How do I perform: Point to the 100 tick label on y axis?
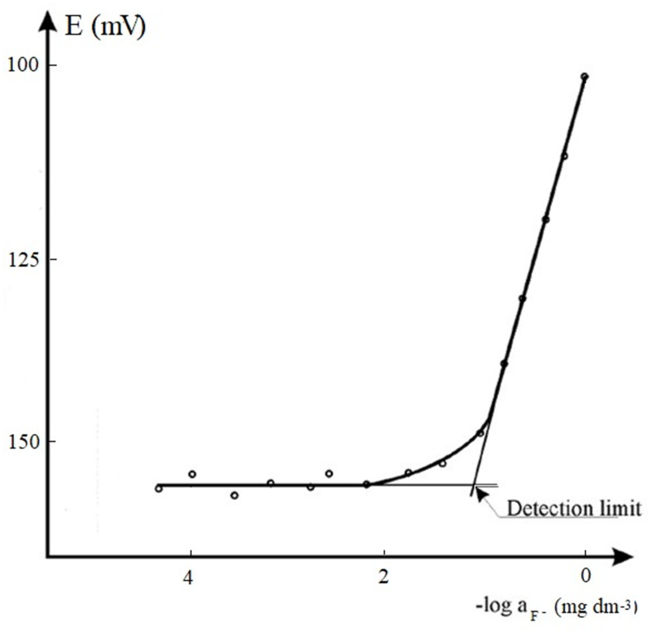point(22,66)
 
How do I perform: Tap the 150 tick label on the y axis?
point(22,442)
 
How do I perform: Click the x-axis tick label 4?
point(188,577)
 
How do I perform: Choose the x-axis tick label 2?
point(383,577)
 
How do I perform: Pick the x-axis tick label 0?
point(585,576)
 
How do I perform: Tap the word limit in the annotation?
point(620,508)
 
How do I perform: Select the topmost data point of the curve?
point(584,77)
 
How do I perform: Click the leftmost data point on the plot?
point(159,489)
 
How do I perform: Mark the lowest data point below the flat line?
point(234,495)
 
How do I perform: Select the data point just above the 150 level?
point(480,433)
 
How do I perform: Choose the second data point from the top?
point(564,156)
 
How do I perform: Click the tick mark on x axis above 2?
point(384,553)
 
